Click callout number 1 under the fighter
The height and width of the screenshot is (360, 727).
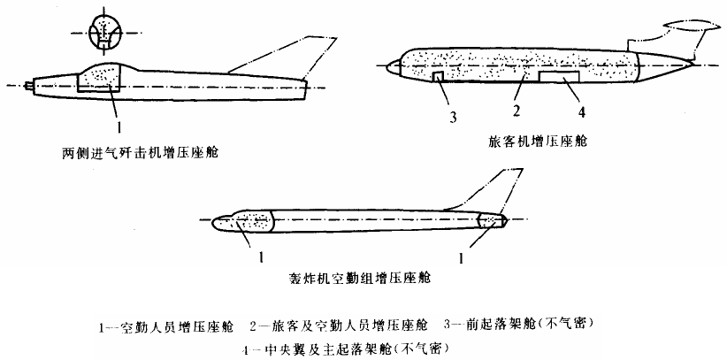[x=116, y=117]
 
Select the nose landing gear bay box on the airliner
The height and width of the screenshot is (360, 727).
[x=440, y=79]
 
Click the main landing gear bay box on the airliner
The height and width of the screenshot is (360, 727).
[x=559, y=78]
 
